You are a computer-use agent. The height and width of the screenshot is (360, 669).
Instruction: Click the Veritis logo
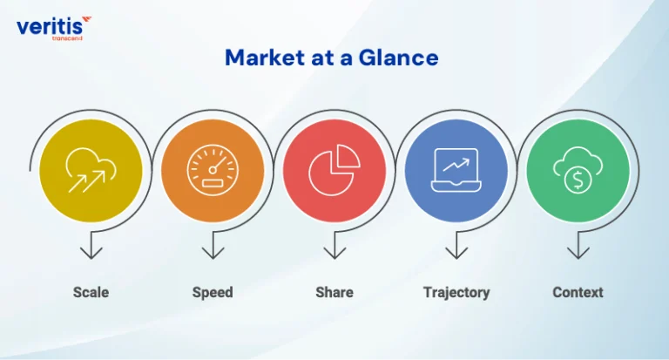(54, 28)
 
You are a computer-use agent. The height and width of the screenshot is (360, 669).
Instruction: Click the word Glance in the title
(398, 58)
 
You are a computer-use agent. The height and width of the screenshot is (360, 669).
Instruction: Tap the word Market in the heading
(265, 58)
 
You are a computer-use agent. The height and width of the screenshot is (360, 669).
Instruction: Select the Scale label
(91, 293)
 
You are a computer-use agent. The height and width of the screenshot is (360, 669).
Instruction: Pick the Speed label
(213, 293)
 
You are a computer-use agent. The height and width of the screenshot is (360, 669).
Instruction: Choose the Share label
(334, 293)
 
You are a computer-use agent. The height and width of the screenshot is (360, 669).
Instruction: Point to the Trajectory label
(456, 293)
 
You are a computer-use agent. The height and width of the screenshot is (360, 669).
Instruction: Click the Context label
(578, 293)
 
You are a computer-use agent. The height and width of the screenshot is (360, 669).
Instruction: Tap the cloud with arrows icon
(91, 170)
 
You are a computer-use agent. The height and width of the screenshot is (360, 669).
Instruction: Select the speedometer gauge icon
(213, 170)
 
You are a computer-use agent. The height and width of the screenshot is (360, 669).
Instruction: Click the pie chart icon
(334, 170)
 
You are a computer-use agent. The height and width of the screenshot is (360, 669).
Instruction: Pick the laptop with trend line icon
(456, 170)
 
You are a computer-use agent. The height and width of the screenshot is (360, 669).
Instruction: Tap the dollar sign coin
(578, 180)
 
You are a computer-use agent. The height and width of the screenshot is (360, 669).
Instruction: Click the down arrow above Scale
(91, 245)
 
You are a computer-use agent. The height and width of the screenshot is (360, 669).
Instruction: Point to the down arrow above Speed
(213, 245)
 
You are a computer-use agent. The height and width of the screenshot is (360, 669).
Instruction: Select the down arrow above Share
(334, 245)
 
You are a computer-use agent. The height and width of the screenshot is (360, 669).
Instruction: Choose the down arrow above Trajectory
(456, 245)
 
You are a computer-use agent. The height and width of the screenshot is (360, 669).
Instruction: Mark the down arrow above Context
(578, 245)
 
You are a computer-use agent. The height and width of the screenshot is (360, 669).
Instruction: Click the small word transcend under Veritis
(66, 38)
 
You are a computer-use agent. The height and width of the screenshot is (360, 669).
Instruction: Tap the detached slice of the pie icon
(348, 155)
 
